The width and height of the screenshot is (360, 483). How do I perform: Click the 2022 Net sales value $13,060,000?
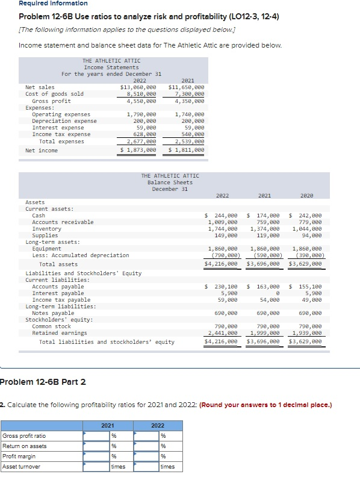[x=138, y=87]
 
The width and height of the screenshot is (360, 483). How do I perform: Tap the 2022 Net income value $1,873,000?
[x=138, y=149]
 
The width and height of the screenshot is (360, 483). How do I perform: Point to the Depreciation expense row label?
[x=64, y=121]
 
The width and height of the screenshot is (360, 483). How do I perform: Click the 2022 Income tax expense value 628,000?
[x=142, y=134]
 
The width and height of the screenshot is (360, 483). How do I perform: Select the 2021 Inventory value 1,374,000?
[x=265, y=229]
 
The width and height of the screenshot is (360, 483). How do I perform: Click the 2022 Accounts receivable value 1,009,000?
[x=223, y=222]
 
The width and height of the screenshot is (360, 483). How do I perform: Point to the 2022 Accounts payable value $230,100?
[x=222, y=287]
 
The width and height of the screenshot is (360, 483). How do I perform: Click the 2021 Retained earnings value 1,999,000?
[x=265, y=333]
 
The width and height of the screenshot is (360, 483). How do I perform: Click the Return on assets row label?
[x=25, y=446]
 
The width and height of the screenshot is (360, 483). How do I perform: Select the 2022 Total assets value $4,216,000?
[x=222, y=264]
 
